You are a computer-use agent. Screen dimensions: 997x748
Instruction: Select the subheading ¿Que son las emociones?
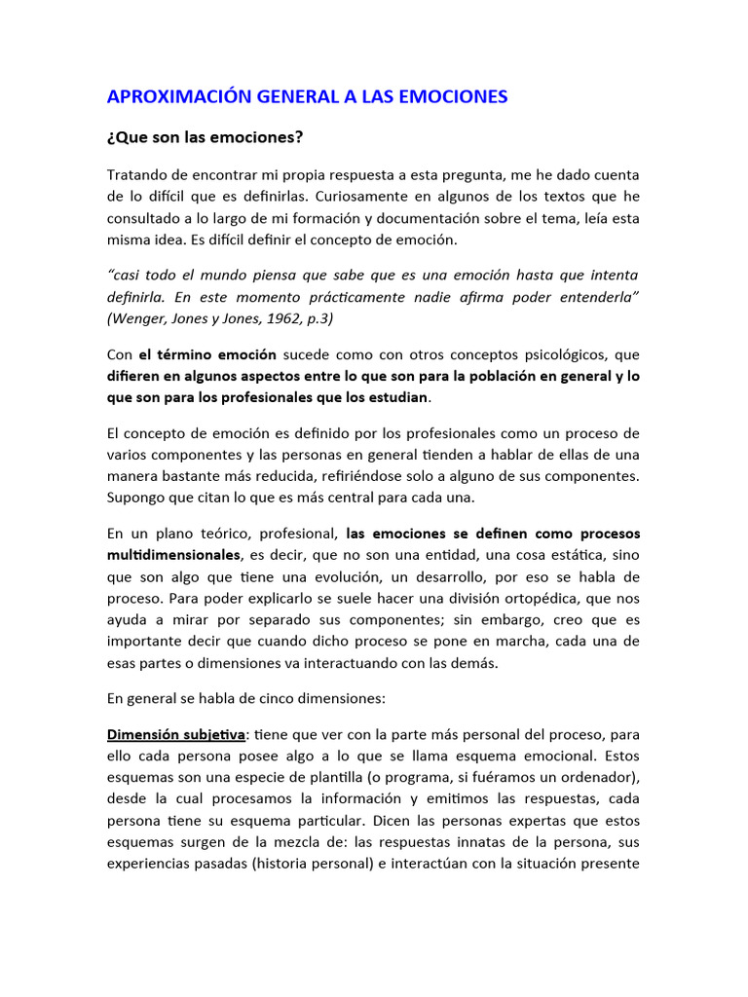[x=205, y=137]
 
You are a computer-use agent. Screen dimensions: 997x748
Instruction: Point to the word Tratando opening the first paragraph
[x=137, y=174]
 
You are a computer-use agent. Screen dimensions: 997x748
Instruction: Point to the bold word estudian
[x=395, y=397]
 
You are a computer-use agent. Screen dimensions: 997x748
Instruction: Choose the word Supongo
[x=137, y=498]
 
